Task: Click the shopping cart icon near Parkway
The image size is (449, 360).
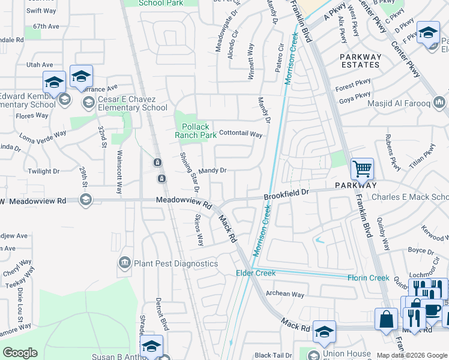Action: coord(362,169)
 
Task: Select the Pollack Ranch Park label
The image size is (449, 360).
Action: coord(196,131)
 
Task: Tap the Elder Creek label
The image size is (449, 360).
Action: coord(255,273)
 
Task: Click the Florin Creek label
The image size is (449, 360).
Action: coord(368,277)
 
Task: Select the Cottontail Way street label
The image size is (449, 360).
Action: coord(241,134)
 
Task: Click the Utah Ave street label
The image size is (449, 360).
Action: coord(40,65)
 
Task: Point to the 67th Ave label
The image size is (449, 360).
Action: coord(46,26)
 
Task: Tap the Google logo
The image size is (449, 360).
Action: coord(20,353)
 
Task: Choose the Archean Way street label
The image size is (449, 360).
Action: coord(285,294)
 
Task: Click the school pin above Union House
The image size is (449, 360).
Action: coord(324,332)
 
